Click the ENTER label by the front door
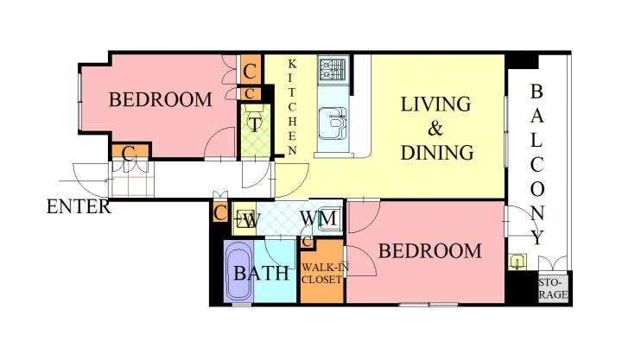[x=79, y=207]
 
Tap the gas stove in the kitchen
[x=333, y=70]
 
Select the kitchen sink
[x=333, y=123]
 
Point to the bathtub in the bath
[x=238, y=272]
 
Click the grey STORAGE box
[x=554, y=289]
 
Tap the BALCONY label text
[x=536, y=164]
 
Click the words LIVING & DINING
[x=437, y=128]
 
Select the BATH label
[x=262, y=273]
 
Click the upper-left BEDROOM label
[x=161, y=99]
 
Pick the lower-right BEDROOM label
[x=430, y=251]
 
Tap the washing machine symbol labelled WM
[x=328, y=219]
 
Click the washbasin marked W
[x=244, y=219]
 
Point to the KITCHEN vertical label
[x=292, y=107]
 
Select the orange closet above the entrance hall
[x=130, y=151]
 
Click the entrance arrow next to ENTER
[x=83, y=181]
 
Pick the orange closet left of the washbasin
[x=219, y=213]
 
